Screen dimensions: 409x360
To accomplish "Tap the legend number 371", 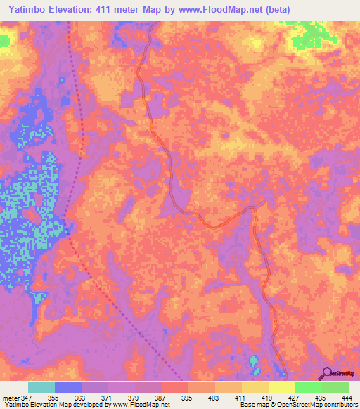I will [108, 397].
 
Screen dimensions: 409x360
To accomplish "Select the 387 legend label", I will [162, 397].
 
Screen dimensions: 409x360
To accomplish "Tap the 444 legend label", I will [347, 397].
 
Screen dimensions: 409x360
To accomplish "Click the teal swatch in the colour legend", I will [41, 387].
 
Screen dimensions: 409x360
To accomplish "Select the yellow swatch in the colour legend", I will [282, 387].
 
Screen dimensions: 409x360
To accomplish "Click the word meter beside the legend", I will [10, 397].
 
